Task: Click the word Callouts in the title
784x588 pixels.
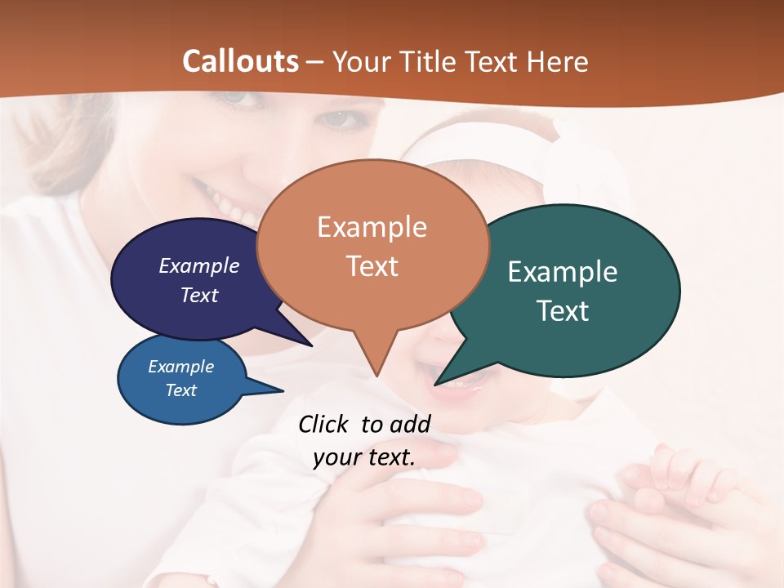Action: pyautogui.click(x=240, y=61)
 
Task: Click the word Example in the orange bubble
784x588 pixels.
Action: pyautogui.click(x=372, y=227)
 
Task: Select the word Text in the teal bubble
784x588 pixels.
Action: pyautogui.click(x=563, y=311)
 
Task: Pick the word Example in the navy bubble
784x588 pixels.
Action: pyautogui.click(x=199, y=266)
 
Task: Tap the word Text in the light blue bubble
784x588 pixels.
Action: pyautogui.click(x=181, y=390)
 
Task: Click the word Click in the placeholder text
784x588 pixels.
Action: pyautogui.click(x=324, y=424)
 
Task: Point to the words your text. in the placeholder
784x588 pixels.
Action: pyautogui.click(x=364, y=457)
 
